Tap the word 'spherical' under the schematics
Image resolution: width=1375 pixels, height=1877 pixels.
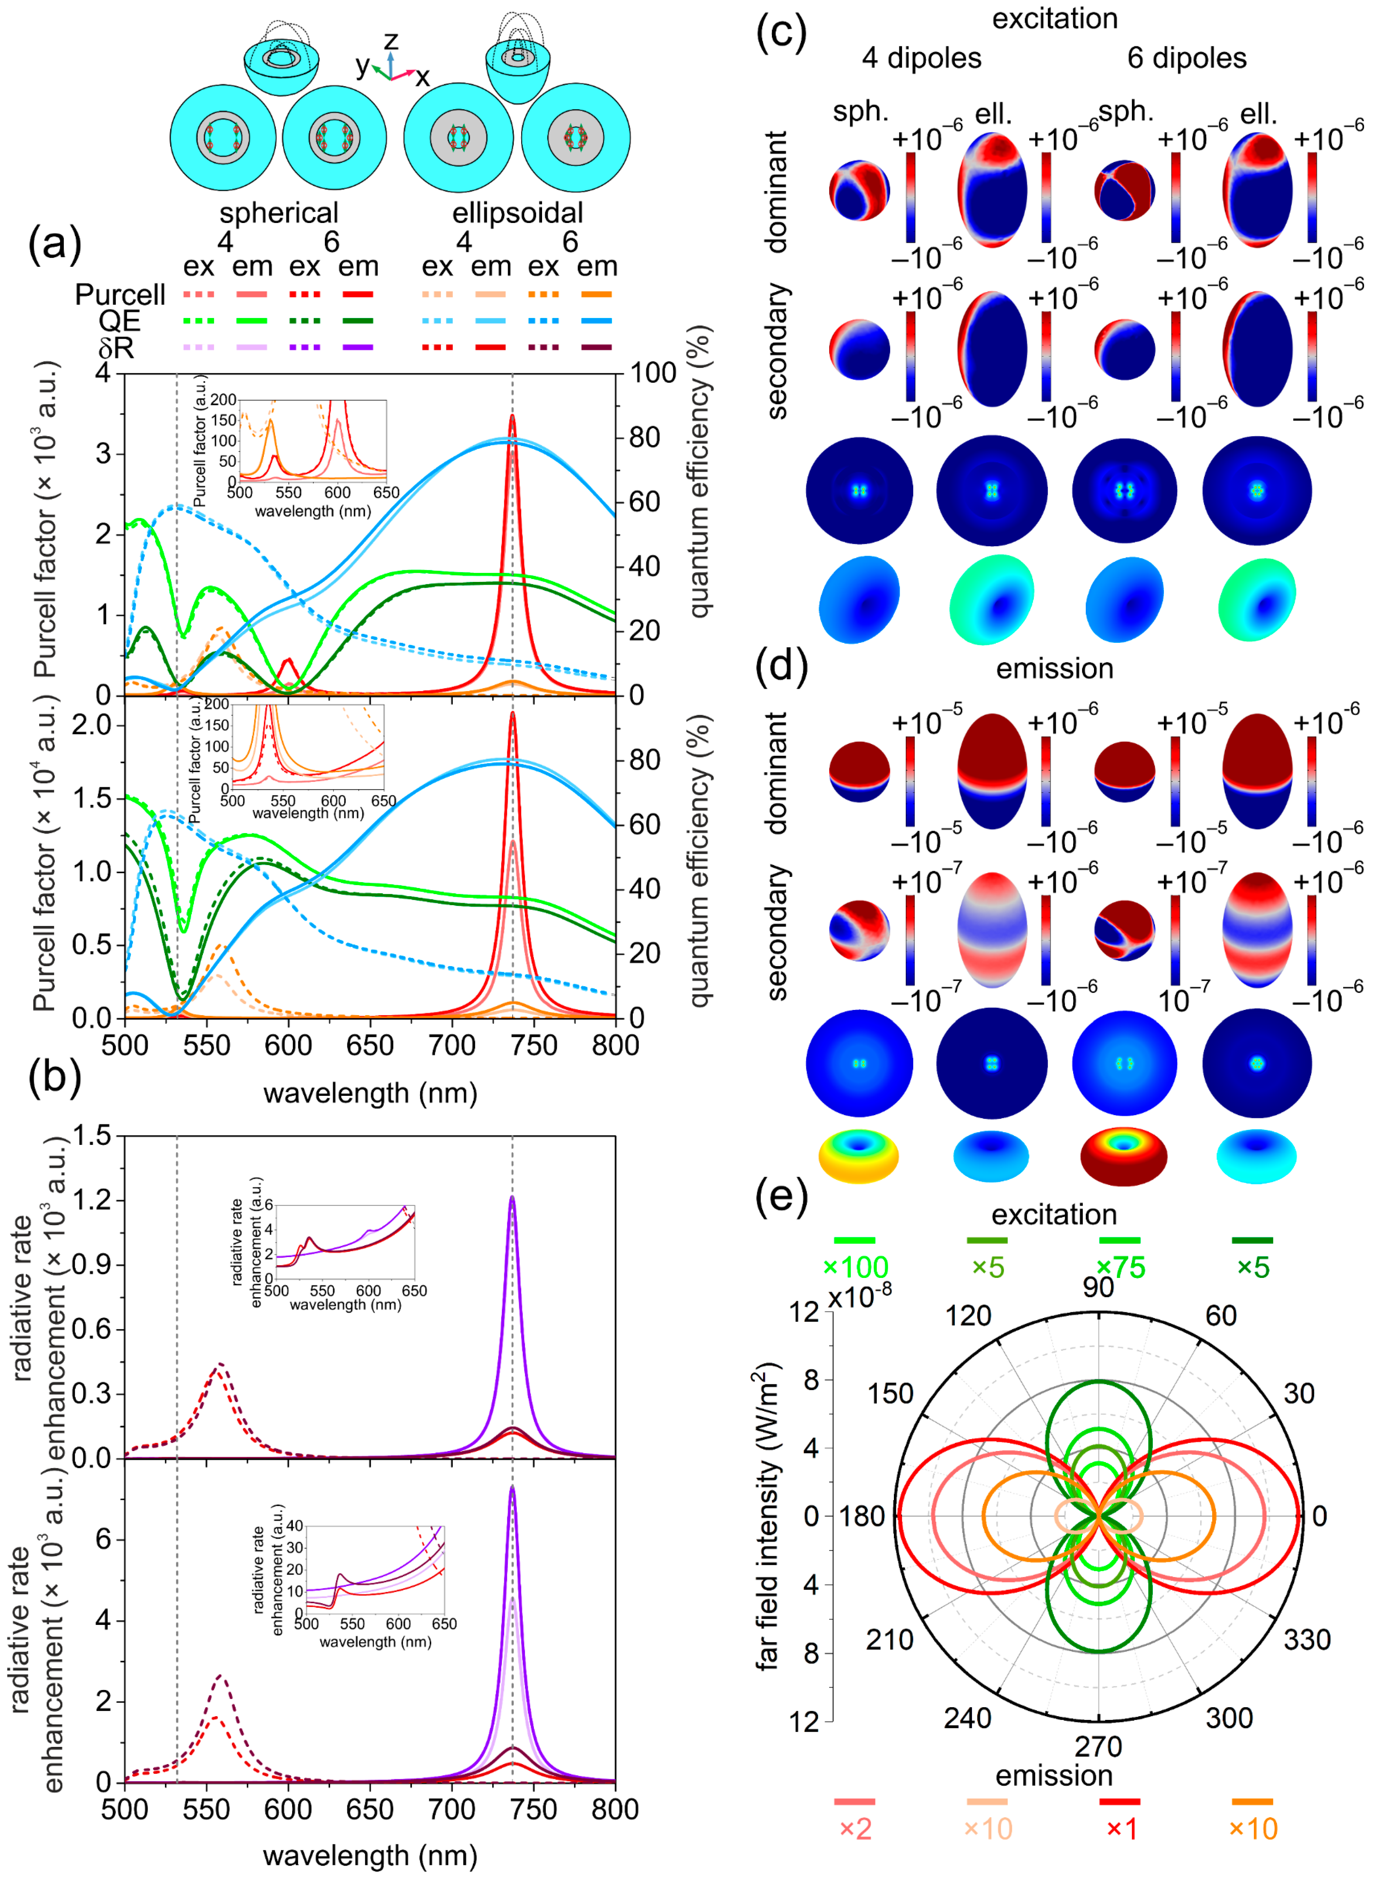pyautogui.click(x=279, y=213)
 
